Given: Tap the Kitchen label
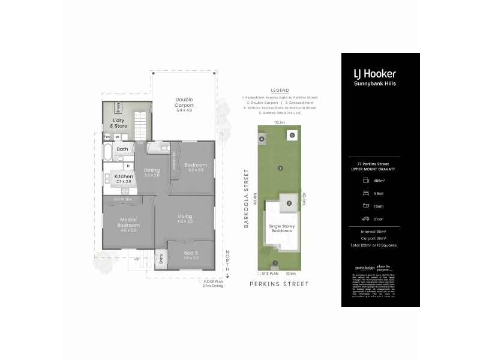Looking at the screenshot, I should pos(123,176).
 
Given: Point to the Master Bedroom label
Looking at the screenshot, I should pos(128,223).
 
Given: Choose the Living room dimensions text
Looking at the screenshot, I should pos(185,221).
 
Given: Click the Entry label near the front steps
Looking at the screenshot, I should pos(161,259).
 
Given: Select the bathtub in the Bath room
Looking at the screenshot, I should pos(107,155).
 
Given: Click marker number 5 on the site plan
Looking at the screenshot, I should pos(292,135).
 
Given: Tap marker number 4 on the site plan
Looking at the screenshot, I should pos(262,139).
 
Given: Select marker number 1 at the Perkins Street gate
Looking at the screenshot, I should pos(275,263).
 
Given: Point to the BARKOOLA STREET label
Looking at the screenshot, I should pos(246,197).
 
